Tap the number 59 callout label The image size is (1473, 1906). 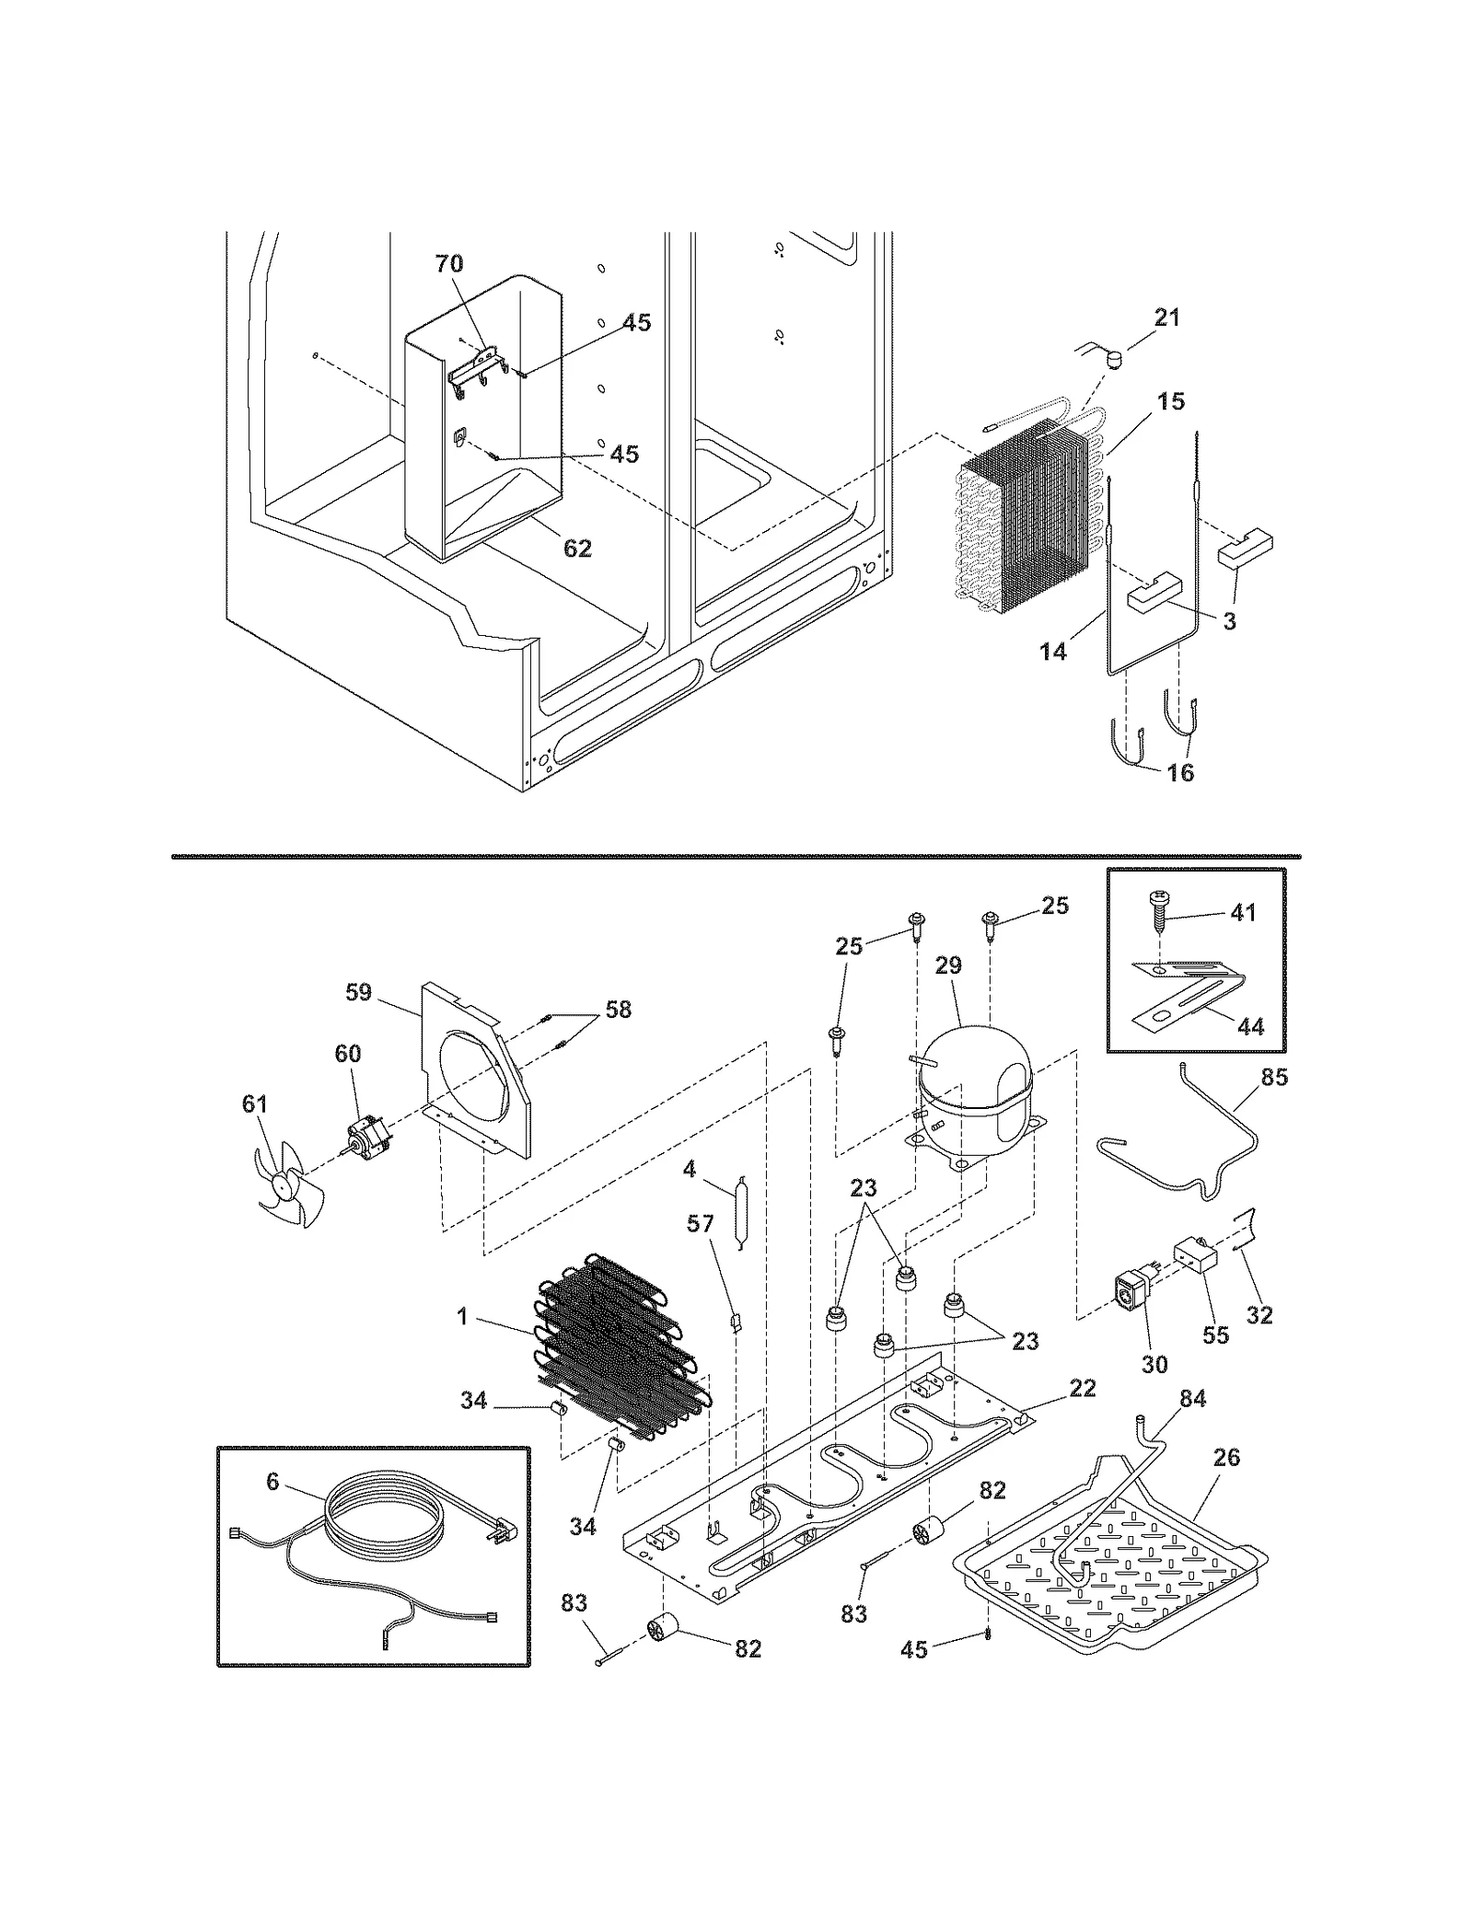(x=359, y=992)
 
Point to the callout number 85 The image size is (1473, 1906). (x=1274, y=1076)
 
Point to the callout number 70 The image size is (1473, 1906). (x=449, y=264)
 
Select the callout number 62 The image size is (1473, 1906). (x=577, y=549)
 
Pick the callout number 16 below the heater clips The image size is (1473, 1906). (x=1180, y=773)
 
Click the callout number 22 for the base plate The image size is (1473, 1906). (x=1083, y=1388)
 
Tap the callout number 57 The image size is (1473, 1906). (x=701, y=1223)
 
